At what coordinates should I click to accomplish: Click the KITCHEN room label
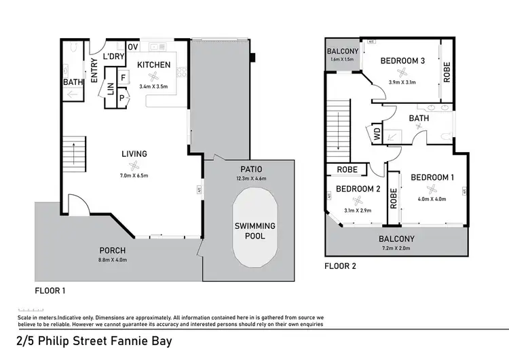[x=154, y=65]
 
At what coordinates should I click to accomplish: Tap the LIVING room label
[x=134, y=154]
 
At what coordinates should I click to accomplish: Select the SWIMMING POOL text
[x=254, y=231]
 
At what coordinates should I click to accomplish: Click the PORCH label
[x=113, y=249]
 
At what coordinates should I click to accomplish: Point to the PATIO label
[x=250, y=168]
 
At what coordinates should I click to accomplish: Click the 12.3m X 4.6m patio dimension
[x=250, y=178]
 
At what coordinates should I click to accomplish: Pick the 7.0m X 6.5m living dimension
[x=134, y=176]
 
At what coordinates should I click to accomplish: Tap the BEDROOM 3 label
[x=402, y=60]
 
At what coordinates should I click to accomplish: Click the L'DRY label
[x=113, y=57]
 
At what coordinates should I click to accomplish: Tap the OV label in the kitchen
[x=133, y=47]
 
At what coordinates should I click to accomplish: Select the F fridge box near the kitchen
[x=124, y=77]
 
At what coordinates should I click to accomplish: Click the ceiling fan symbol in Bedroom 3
[x=402, y=72]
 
